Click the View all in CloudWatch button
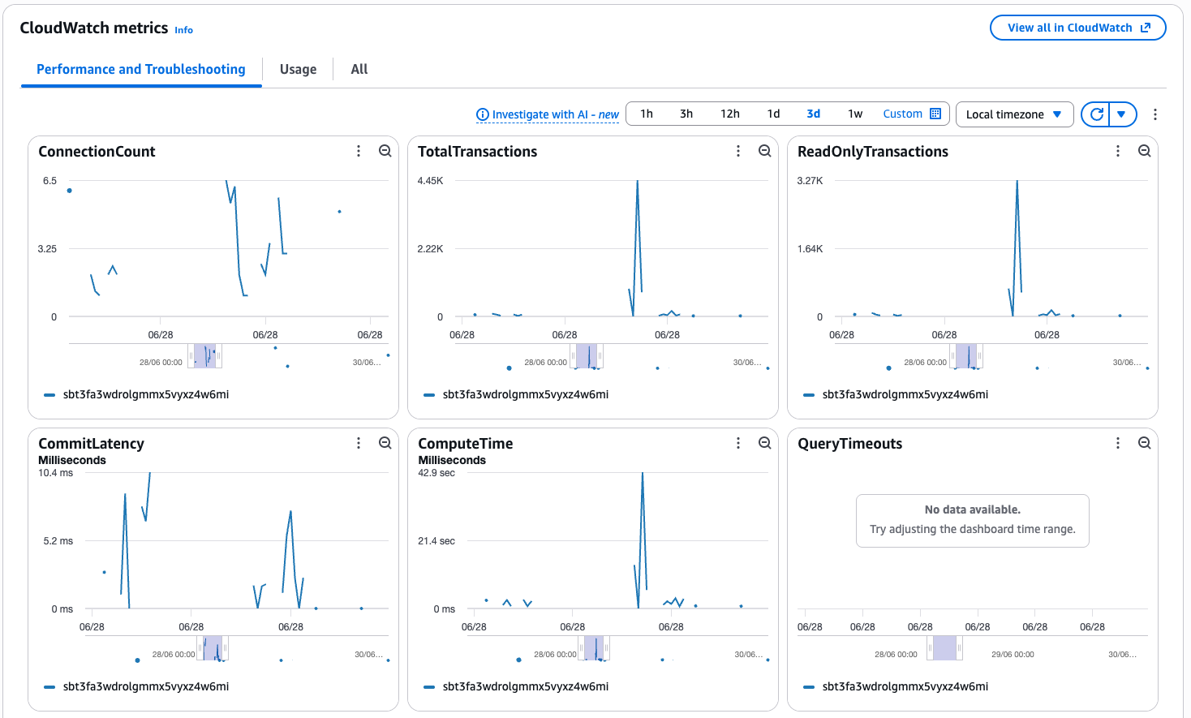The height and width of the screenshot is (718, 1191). (1077, 28)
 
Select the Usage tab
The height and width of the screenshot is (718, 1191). (298, 69)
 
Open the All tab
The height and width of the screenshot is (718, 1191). (359, 69)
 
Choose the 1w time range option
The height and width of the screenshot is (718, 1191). (855, 114)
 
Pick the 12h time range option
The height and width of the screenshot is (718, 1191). (730, 114)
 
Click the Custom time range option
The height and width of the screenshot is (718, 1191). (912, 114)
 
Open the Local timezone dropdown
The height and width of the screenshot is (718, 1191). (1014, 114)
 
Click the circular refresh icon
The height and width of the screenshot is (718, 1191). (1096, 114)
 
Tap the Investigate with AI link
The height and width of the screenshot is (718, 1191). (548, 114)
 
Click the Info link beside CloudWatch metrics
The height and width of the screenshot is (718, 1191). (183, 30)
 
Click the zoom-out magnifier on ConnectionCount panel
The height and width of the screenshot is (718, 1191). (385, 151)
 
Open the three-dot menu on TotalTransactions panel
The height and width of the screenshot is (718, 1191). (738, 151)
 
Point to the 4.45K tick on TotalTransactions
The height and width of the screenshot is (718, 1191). (430, 181)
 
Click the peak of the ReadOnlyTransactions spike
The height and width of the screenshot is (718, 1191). (1017, 181)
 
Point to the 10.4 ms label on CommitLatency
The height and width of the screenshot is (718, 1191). (56, 473)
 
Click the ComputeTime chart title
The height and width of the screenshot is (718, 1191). (465, 444)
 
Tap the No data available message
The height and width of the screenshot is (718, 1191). (973, 509)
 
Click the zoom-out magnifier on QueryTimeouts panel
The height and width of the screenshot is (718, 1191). (1144, 443)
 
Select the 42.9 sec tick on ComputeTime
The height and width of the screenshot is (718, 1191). (436, 473)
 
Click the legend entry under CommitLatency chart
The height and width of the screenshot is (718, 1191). (136, 686)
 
